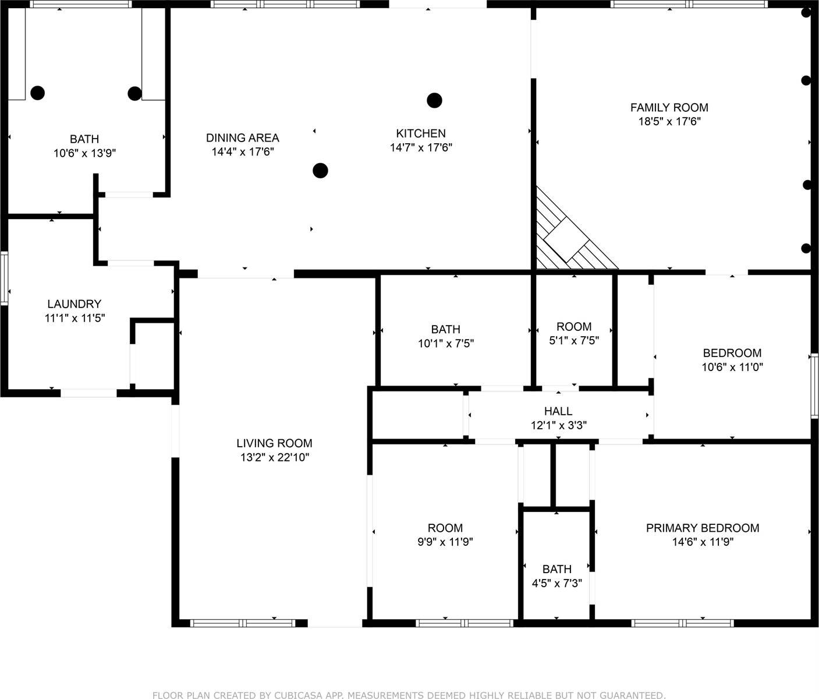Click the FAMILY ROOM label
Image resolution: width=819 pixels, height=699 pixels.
[x=669, y=107]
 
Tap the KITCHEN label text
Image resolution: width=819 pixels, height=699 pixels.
[x=421, y=133]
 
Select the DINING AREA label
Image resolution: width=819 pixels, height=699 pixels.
[x=242, y=137]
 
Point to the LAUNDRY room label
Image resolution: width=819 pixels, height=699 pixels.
[x=74, y=303]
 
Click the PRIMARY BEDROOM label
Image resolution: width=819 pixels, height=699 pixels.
[x=702, y=528]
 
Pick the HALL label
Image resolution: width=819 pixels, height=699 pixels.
[x=558, y=411]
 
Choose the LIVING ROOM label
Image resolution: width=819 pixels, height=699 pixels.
[x=274, y=443]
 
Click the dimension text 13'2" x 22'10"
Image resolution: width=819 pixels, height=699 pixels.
[x=274, y=458]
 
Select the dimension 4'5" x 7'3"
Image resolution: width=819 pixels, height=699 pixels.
[x=557, y=583]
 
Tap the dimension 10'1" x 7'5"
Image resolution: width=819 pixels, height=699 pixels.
[x=445, y=344]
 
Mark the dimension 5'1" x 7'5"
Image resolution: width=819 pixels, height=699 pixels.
[x=574, y=341]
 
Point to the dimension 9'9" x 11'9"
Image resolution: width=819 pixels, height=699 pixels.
[x=445, y=542]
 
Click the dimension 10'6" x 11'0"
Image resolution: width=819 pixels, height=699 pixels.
[x=732, y=367]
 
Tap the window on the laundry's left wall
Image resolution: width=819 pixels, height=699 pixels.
[x=4, y=278]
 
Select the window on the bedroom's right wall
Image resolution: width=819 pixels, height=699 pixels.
[x=814, y=386]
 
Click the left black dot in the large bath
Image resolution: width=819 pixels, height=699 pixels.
[x=37, y=93]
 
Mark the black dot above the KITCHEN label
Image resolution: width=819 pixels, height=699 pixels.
[x=434, y=100]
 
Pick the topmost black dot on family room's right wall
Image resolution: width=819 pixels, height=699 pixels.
[x=806, y=12]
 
